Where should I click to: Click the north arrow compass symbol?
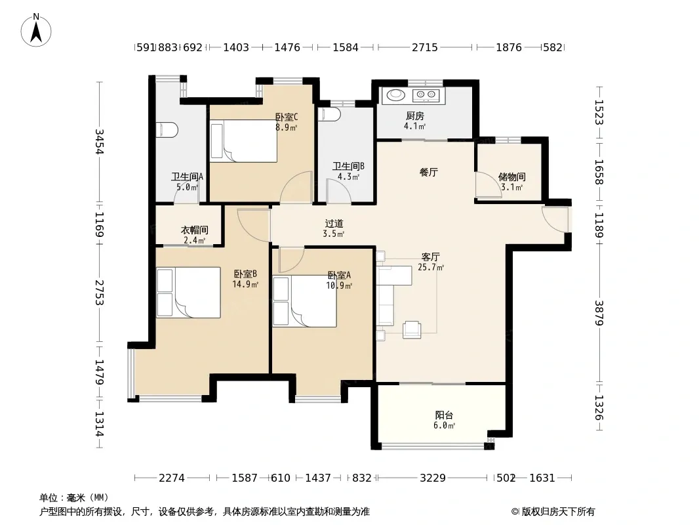tap(36, 30)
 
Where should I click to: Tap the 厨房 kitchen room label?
tap(414, 116)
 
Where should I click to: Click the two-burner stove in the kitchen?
tap(426, 94)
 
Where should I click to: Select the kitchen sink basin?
tap(395, 94)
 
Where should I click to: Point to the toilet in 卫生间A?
tap(167, 130)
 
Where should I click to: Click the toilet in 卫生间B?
tap(329, 114)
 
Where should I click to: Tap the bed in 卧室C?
tap(243, 141)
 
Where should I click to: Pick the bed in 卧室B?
tap(188, 292)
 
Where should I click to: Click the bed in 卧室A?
tap(304, 301)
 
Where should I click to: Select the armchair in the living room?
tap(411, 329)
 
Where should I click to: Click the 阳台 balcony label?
tap(444, 415)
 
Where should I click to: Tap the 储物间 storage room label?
tap(511, 177)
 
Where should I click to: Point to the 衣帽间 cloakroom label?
tap(194, 230)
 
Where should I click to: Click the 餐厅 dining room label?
tap(428, 172)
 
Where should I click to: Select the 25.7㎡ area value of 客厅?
tap(431, 267)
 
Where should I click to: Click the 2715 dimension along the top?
tap(425, 47)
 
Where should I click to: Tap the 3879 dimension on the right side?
tap(599, 313)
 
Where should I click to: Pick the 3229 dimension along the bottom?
tap(432, 478)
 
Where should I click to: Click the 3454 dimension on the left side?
tap(100, 141)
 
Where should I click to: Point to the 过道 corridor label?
tap(334, 224)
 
